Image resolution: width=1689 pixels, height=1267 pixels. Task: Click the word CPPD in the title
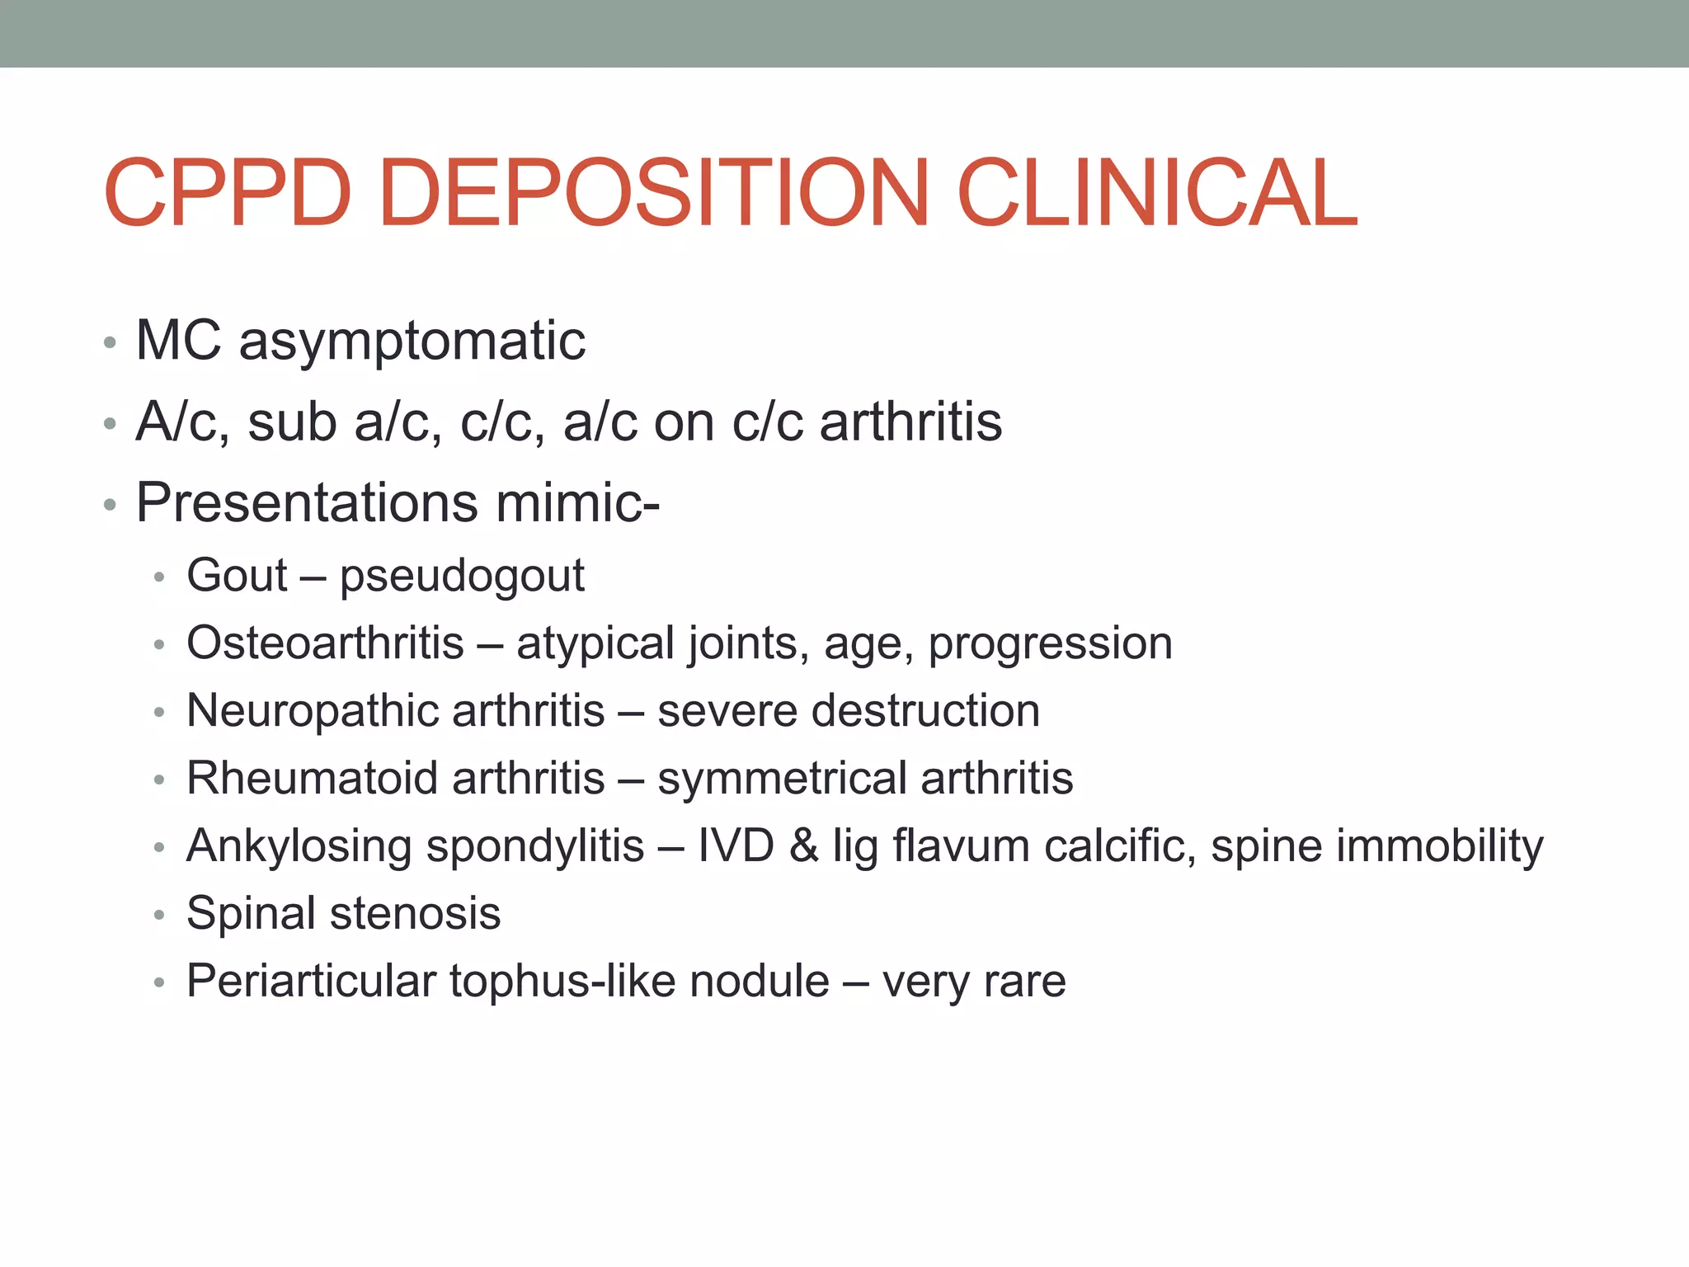point(228,193)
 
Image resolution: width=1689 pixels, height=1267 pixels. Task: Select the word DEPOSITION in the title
point(654,193)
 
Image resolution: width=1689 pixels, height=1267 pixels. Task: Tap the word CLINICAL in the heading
point(1157,193)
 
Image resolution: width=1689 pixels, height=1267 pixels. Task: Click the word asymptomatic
point(412,341)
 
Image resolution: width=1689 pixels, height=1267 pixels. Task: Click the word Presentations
point(307,502)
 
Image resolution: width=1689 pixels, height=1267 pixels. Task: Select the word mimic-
point(577,502)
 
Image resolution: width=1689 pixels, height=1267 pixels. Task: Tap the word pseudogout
point(462,576)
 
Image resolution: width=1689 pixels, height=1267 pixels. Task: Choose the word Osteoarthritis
point(325,643)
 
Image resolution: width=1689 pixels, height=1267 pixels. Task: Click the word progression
point(1050,644)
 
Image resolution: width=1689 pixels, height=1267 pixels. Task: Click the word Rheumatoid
point(311,778)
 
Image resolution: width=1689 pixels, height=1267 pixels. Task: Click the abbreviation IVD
point(736,845)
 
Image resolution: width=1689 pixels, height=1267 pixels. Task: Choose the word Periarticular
point(311,981)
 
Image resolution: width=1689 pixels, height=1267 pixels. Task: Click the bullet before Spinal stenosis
point(159,915)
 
